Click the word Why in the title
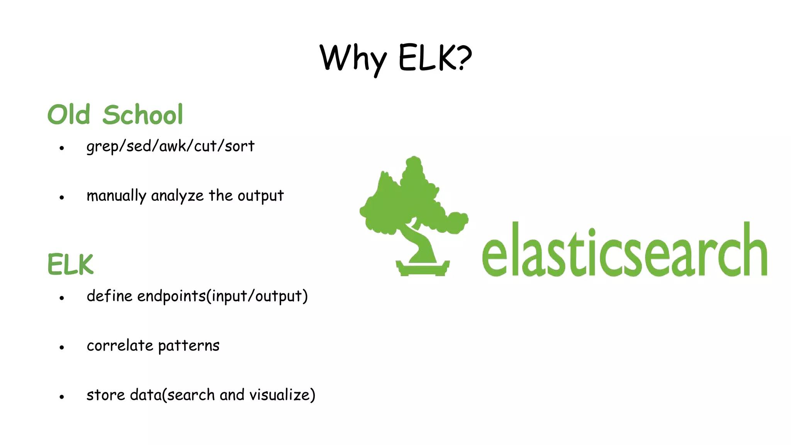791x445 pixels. coord(353,59)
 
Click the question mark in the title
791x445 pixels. coord(461,58)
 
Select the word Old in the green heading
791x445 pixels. coord(69,115)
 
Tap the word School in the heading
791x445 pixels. coord(143,115)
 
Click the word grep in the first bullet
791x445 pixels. coord(102,146)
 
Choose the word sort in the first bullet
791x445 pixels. coord(239,146)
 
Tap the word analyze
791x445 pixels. coord(177,196)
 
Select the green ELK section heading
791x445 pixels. coord(70,265)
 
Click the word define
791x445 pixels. coord(110,296)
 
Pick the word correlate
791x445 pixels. coord(120,346)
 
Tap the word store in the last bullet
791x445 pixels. coord(106,395)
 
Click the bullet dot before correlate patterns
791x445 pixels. coord(62,348)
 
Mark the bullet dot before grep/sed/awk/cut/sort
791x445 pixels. coord(62,148)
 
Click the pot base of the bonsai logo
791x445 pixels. coord(423,269)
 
